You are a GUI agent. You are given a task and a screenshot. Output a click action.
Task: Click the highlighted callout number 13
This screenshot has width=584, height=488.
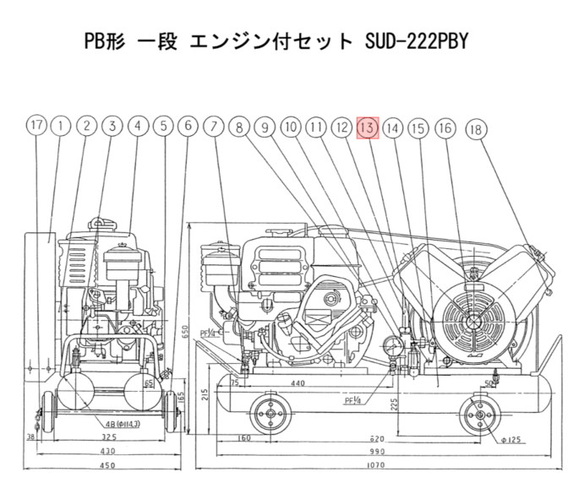tap(367, 127)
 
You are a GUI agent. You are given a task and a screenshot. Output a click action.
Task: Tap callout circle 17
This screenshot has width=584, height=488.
tap(35, 127)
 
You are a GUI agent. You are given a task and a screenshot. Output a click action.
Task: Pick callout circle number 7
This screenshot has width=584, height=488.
tap(215, 127)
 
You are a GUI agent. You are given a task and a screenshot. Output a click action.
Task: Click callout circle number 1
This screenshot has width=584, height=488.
tap(60, 127)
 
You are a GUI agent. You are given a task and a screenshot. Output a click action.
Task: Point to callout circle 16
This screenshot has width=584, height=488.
tap(445, 128)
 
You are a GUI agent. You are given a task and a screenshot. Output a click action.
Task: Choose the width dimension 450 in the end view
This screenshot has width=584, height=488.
tap(107, 464)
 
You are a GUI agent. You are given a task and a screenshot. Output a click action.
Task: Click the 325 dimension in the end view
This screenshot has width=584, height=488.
tap(108, 439)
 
